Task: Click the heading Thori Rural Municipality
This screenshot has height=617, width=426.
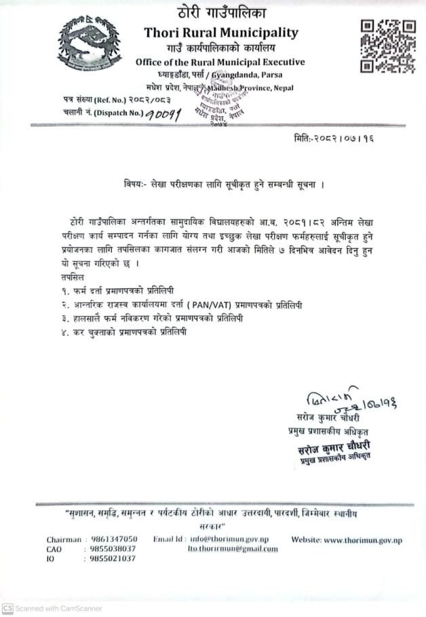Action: (220, 33)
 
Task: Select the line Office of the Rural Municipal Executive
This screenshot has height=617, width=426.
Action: (220, 62)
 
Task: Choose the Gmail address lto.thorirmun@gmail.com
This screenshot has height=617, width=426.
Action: (232, 549)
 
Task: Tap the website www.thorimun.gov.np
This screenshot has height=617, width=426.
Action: (347, 539)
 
